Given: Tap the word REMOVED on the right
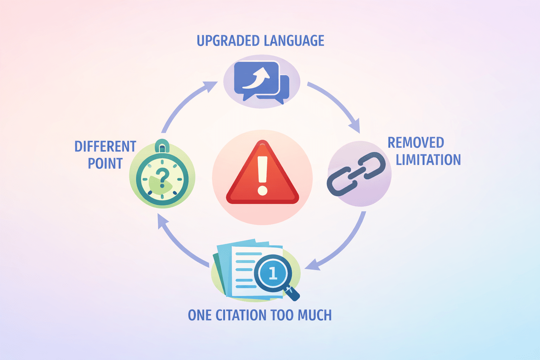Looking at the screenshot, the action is pos(416,143).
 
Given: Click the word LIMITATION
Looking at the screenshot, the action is pos(428,160).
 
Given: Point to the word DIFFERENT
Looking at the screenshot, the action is pos(105,147).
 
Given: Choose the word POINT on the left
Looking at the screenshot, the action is pos(105,163).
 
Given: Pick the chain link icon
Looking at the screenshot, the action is pos(356,174).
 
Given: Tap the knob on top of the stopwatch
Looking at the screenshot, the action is pos(162,145).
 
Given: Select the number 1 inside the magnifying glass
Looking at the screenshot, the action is pos(273,273).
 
